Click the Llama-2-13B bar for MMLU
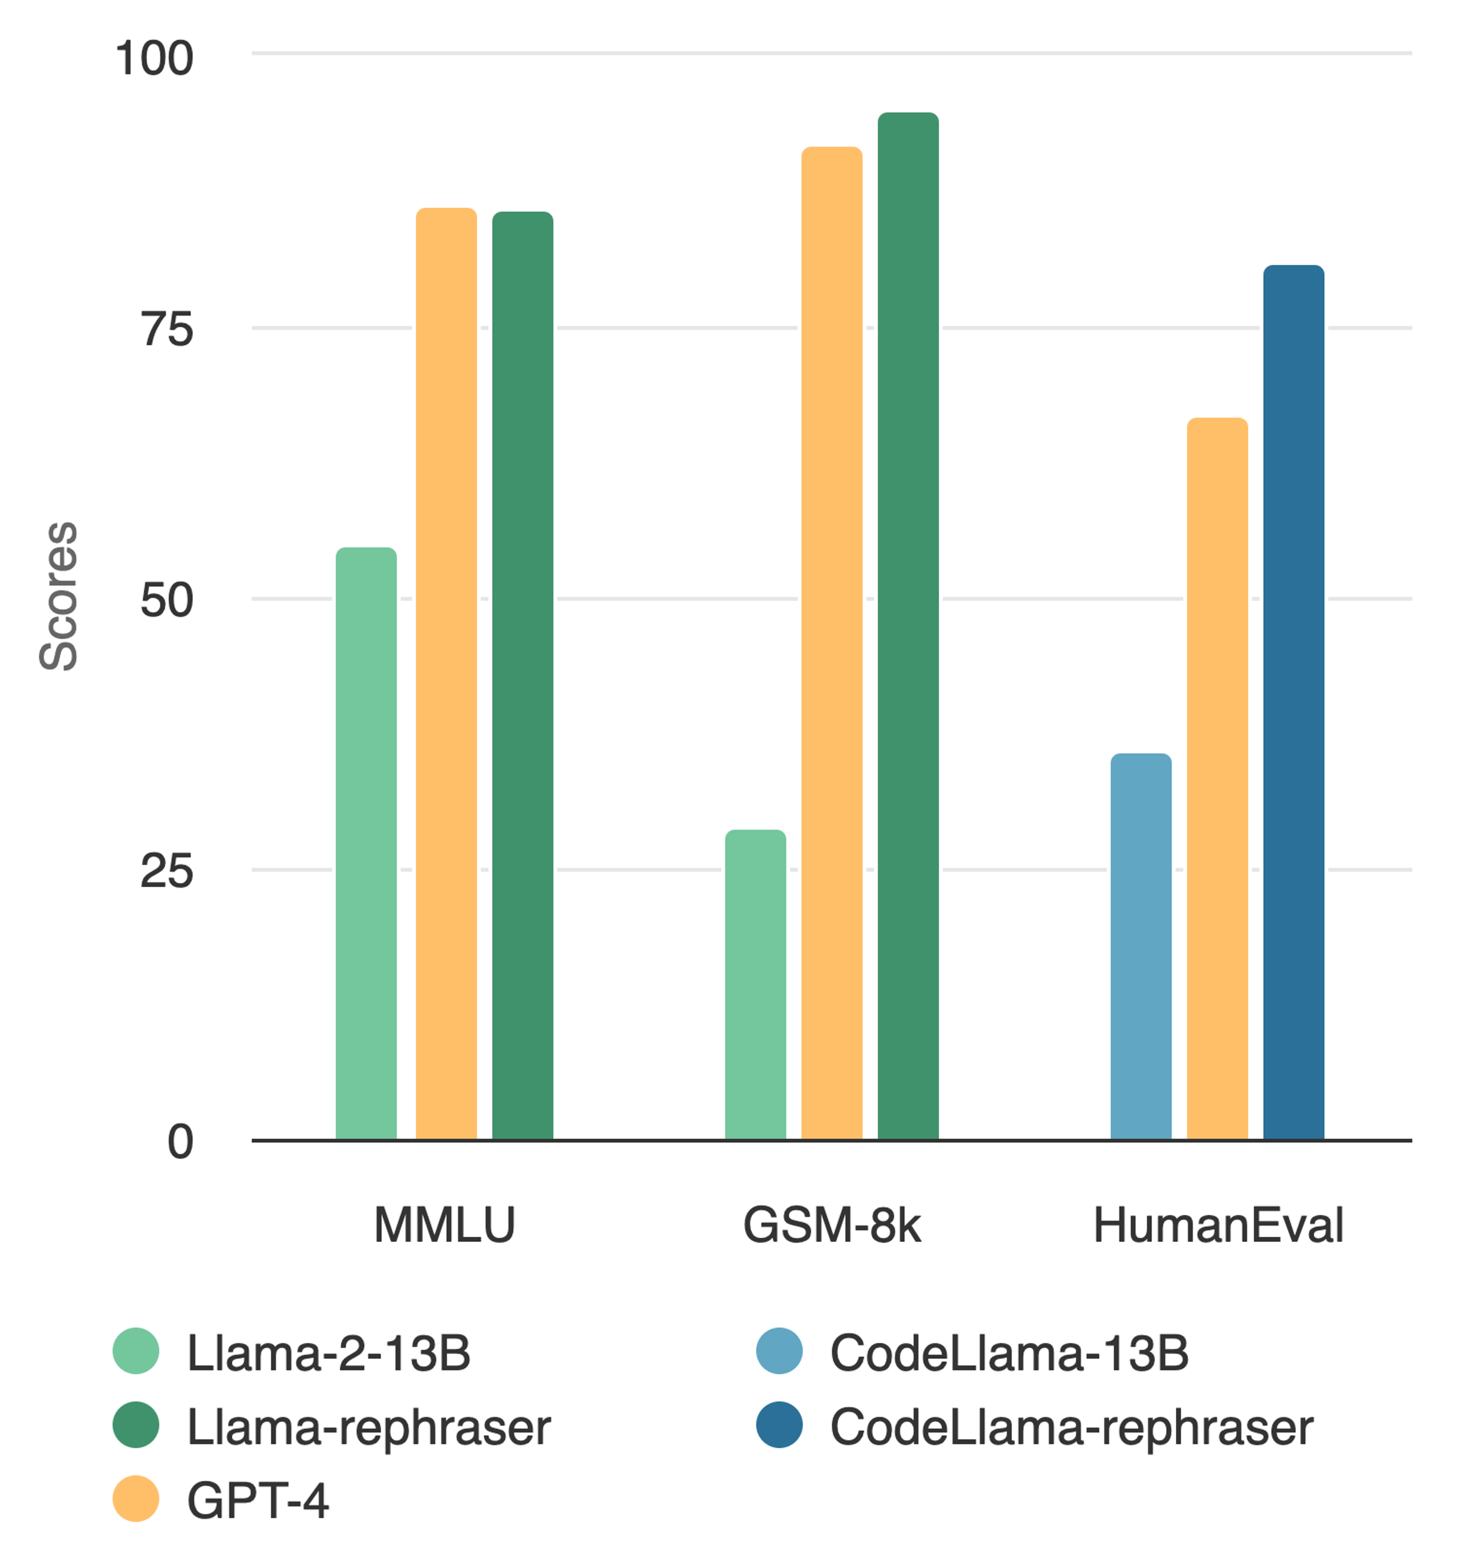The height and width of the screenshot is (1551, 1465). [366, 843]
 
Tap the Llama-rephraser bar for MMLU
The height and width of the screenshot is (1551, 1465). [523, 675]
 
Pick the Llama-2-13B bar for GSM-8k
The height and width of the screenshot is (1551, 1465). [755, 985]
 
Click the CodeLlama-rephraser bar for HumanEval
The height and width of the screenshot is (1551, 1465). [1294, 703]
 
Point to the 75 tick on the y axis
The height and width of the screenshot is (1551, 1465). [166, 330]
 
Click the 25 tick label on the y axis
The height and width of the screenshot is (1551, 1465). [166, 871]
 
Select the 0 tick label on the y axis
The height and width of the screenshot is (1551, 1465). [180, 1142]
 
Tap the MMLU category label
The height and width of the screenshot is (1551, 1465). [444, 1224]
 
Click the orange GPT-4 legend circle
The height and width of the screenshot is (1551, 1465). [136, 1499]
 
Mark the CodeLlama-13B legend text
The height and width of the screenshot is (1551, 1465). [1009, 1353]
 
